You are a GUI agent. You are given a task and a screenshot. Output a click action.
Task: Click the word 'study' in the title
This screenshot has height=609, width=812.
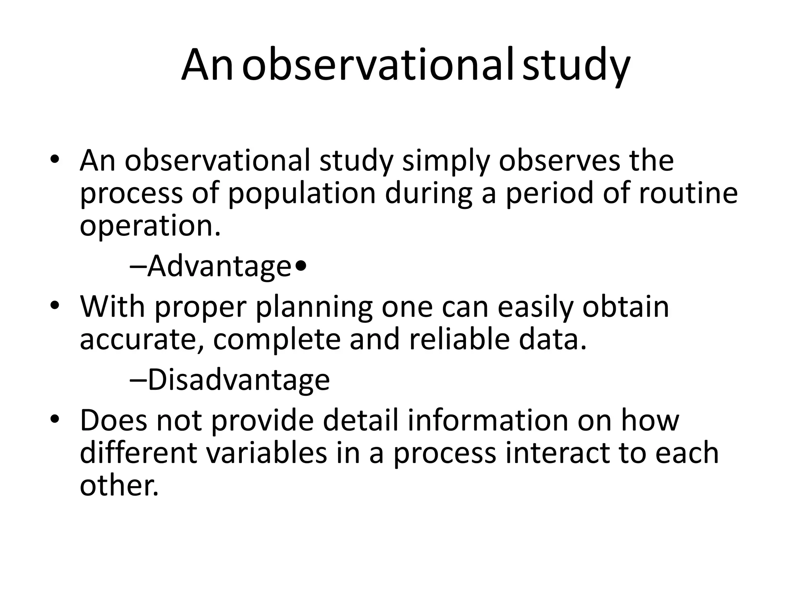click(x=576, y=65)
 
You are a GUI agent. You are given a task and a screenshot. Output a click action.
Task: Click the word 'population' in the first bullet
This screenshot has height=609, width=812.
click(x=302, y=194)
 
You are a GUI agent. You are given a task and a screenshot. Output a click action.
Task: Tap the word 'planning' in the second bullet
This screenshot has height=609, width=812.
click(x=314, y=308)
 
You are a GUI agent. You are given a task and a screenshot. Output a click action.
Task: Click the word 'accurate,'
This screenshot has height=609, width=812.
click(x=142, y=340)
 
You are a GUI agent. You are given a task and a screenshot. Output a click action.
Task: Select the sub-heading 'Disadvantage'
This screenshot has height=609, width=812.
click(x=238, y=380)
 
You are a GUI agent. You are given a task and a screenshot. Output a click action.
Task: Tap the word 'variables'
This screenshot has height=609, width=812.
click(x=266, y=453)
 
